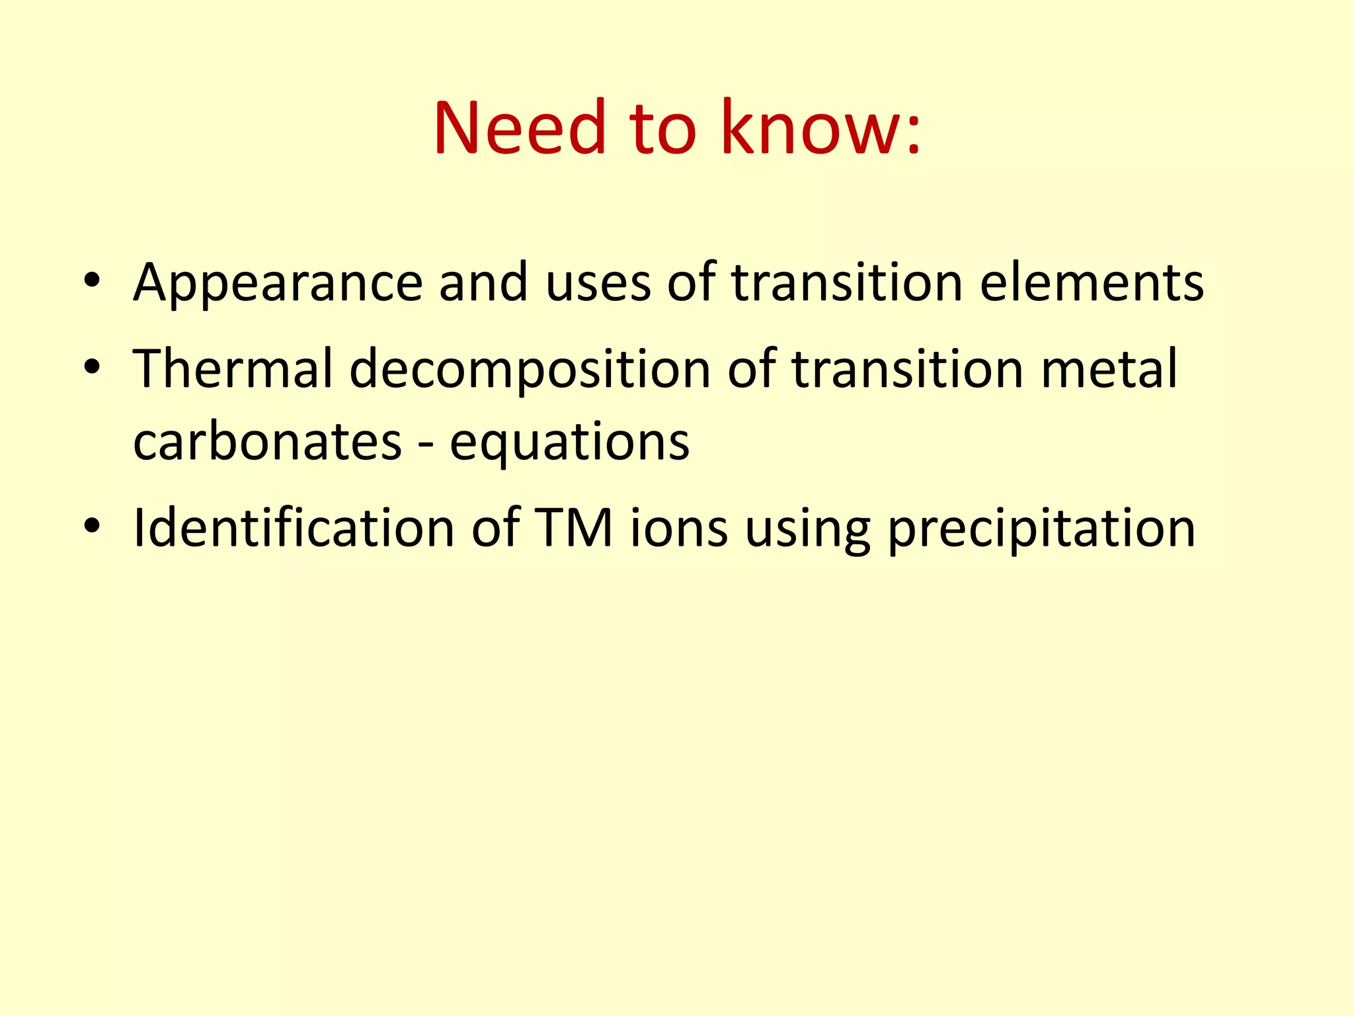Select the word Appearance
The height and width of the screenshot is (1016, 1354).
point(278,283)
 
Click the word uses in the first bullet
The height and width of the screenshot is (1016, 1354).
point(598,283)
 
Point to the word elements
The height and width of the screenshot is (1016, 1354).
point(1092,283)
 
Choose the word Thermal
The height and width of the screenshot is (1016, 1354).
point(233,369)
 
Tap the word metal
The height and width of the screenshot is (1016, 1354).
point(1109,369)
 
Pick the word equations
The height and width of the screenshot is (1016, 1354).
point(569,443)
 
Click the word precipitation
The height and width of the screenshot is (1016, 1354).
point(1041,529)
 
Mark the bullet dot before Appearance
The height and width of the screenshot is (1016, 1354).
point(92,280)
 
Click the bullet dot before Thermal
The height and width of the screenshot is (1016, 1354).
point(92,367)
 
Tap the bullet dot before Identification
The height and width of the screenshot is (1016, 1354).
point(92,526)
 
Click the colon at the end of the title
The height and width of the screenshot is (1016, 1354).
point(913,136)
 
